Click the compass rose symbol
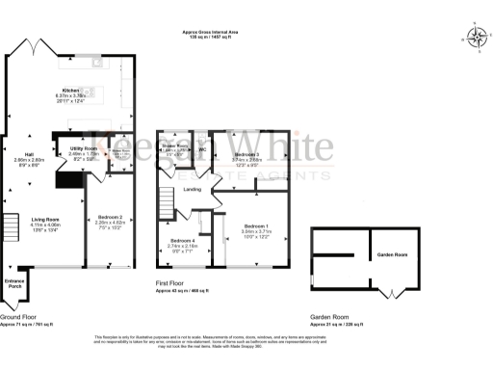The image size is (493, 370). [476, 38]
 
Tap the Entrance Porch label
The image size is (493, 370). [14, 283]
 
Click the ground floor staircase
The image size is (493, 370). [12, 228]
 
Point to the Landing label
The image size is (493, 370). [192, 189]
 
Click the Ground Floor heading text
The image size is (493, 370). [19, 317]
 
